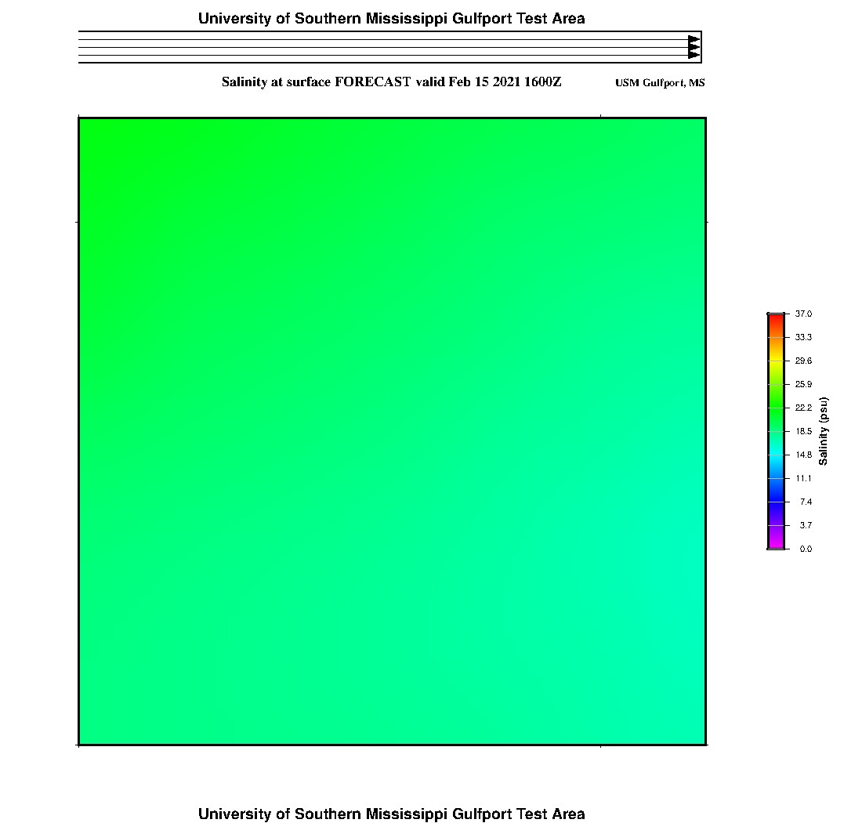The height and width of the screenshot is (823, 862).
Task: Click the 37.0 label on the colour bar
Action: point(803,314)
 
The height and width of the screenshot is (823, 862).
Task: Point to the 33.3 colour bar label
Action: point(803,337)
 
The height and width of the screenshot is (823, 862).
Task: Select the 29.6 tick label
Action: point(803,361)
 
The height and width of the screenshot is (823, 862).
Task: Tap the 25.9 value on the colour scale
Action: point(803,384)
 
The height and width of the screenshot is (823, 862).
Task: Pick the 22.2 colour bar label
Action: point(803,408)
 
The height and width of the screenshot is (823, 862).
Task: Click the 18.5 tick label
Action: point(803,431)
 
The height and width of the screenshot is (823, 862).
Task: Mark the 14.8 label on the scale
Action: point(803,455)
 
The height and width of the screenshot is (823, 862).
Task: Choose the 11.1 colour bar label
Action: point(803,478)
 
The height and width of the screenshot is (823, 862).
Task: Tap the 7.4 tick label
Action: point(806,502)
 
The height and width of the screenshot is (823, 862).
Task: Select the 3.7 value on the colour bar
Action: point(806,525)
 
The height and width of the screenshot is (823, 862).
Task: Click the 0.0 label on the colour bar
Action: point(806,549)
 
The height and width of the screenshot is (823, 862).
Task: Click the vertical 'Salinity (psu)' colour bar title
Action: point(824,431)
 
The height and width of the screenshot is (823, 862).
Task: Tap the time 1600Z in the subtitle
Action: point(542,82)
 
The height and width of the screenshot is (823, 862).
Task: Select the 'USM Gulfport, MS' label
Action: point(660,83)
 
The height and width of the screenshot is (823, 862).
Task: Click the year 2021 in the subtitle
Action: point(506,82)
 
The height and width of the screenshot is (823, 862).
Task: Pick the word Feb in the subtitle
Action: point(460,82)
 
